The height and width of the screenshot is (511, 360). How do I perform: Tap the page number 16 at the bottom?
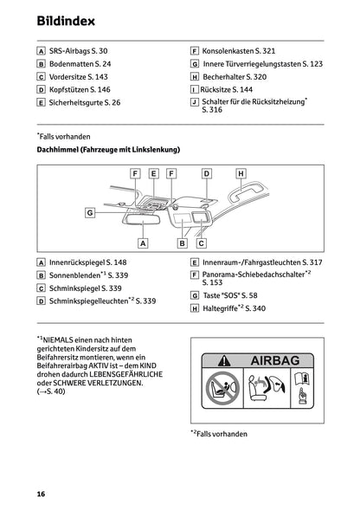[41, 493]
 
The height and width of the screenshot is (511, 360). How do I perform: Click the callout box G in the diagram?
[89, 212]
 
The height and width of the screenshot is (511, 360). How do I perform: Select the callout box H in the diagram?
[241, 174]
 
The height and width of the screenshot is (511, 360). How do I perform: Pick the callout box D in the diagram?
[207, 174]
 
